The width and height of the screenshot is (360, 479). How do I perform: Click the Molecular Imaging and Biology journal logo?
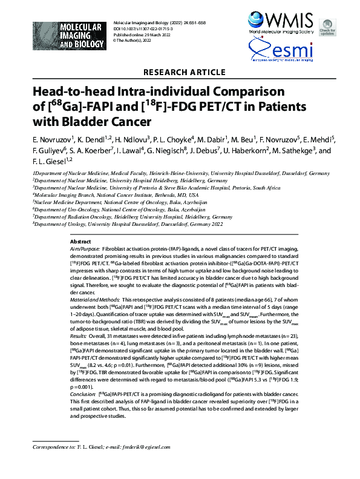(64, 35)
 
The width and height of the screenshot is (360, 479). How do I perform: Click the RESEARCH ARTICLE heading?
(179, 73)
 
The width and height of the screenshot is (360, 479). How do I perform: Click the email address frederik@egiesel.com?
(151, 463)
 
